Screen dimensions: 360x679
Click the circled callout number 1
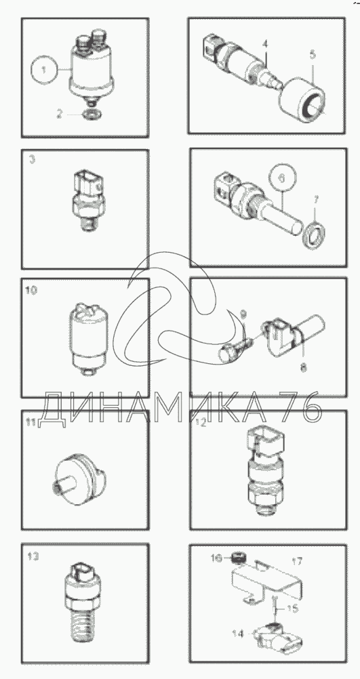(x=44, y=70)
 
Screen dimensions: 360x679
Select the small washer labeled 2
(x=91, y=115)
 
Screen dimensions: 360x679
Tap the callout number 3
(x=32, y=160)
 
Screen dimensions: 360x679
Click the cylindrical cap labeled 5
(x=302, y=100)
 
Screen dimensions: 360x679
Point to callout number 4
(x=265, y=44)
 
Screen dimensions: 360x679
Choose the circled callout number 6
(x=282, y=178)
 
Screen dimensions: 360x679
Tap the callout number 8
(x=303, y=367)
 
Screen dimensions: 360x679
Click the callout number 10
(x=31, y=290)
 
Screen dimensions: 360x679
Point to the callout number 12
(x=201, y=423)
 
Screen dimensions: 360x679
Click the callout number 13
(x=33, y=556)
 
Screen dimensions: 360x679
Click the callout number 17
(x=297, y=562)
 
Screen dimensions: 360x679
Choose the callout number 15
(x=293, y=609)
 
